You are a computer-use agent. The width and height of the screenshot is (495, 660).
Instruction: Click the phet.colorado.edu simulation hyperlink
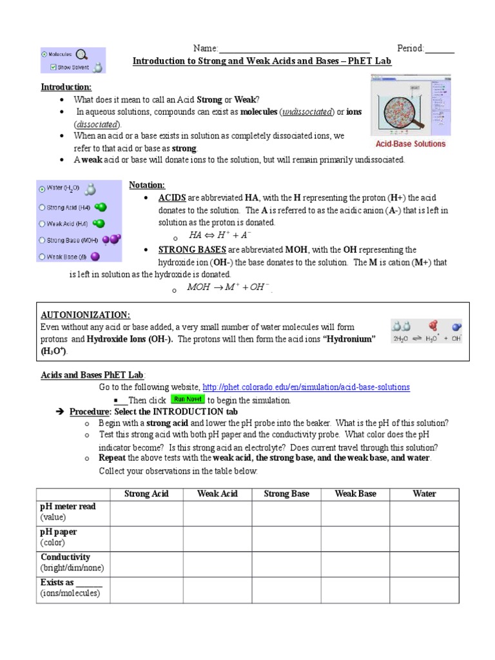click(x=306, y=387)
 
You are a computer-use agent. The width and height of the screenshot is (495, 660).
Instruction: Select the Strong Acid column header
click(x=146, y=494)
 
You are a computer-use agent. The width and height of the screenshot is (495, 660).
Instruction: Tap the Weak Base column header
click(x=355, y=494)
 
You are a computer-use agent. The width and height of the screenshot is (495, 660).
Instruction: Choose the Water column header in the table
click(x=424, y=494)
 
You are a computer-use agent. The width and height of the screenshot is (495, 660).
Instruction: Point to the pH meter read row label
click(x=68, y=507)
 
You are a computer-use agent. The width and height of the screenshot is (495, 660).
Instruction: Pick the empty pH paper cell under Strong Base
click(x=286, y=537)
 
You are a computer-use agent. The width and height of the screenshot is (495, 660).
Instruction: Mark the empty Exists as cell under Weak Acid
click(x=217, y=588)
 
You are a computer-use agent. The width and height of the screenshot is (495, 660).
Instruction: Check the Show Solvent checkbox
click(x=53, y=66)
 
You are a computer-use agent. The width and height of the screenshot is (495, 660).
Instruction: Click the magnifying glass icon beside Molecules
click(x=82, y=55)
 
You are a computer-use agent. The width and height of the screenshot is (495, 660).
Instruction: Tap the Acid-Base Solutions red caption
click(x=411, y=144)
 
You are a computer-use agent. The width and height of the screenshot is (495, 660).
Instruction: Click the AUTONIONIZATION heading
click(x=86, y=315)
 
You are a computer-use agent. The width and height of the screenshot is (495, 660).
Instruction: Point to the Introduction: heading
click(x=66, y=87)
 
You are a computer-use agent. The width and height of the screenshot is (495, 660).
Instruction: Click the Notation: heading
click(x=147, y=185)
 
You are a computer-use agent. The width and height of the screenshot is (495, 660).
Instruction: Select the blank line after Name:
click(x=295, y=48)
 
